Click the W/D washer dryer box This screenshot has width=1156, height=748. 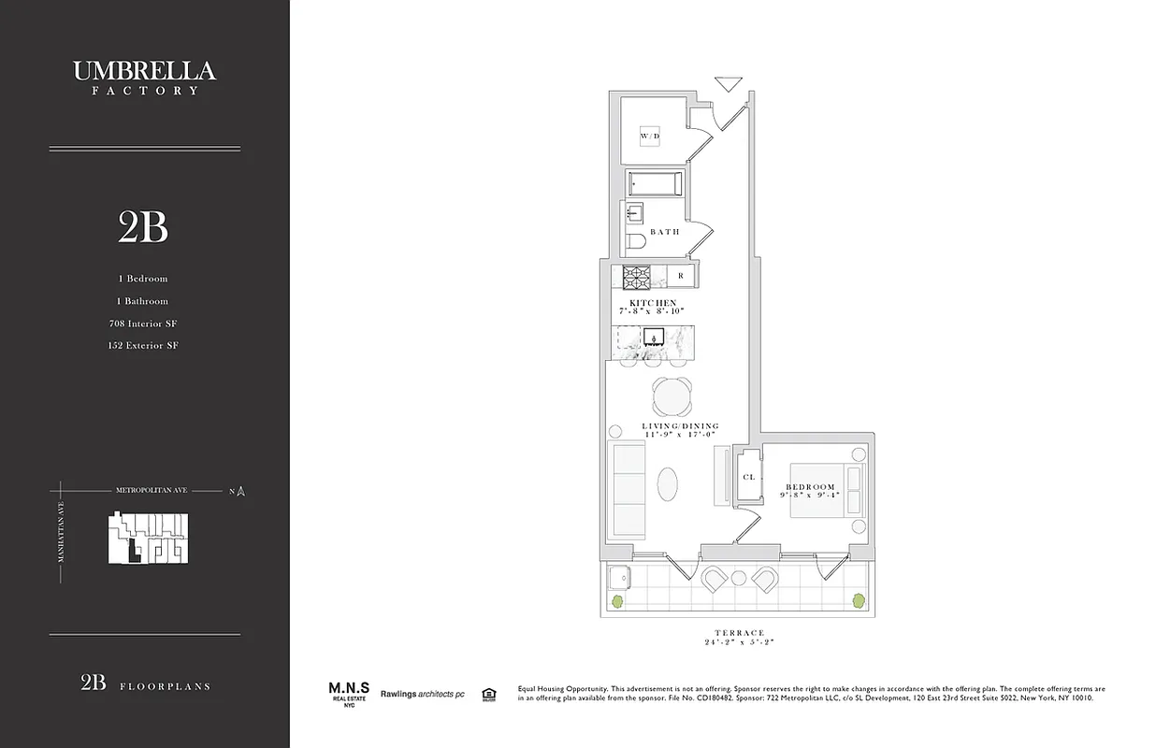click(650, 137)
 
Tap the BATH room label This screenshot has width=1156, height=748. click(665, 232)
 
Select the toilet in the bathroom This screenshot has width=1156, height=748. click(635, 243)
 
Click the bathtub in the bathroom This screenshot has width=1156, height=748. click(655, 183)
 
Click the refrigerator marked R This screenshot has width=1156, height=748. click(681, 276)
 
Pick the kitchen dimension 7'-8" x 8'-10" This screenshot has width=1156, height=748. click(652, 310)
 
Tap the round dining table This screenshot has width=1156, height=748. click(672, 398)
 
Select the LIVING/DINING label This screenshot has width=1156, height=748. click(680, 426)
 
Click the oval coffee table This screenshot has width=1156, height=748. click(668, 485)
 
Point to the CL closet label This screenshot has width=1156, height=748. click(748, 477)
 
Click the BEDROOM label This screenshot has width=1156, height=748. click(810, 486)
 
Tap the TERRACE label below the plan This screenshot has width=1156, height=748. click(742, 633)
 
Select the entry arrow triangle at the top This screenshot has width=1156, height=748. click(727, 84)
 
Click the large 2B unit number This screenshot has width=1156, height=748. click(143, 226)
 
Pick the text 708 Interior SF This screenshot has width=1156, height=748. click(143, 324)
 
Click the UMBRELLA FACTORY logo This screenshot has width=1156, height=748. click(144, 77)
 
